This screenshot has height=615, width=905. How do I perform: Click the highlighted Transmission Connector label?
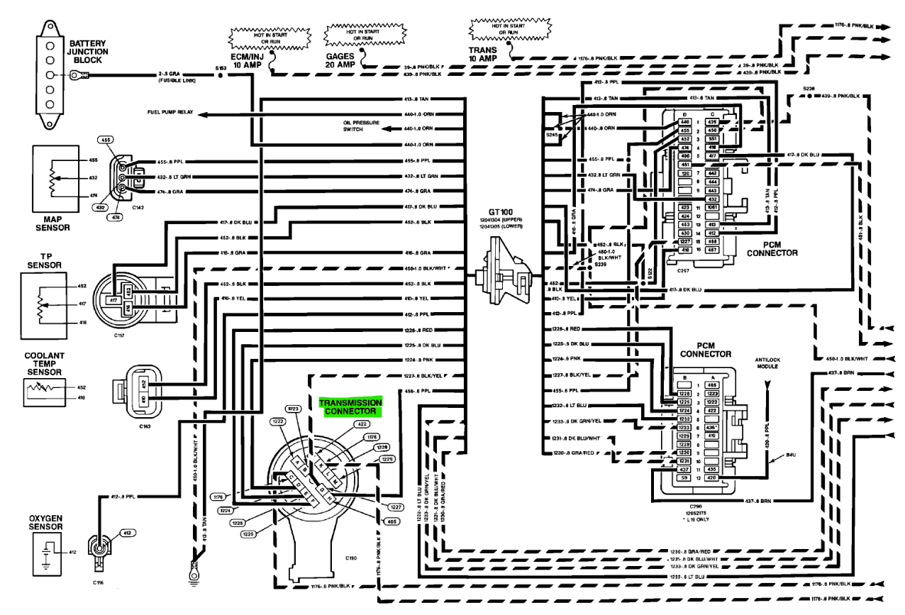(x=350, y=406)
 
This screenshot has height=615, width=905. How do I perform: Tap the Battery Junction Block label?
(x=89, y=52)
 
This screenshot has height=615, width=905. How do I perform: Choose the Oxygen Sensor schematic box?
(x=47, y=550)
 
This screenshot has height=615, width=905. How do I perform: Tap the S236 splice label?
(x=810, y=88)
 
